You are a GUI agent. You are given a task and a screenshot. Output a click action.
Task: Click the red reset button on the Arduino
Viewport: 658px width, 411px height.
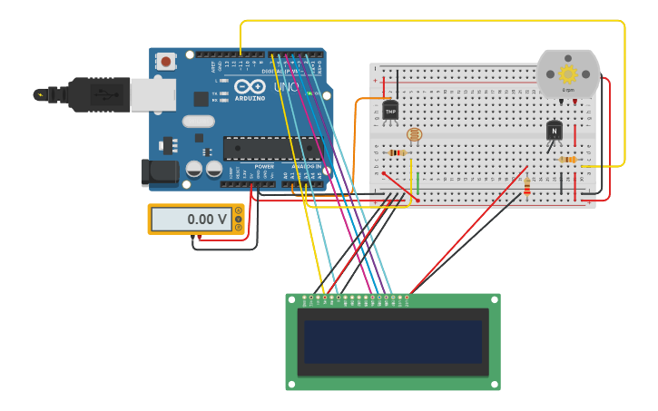point(166,62)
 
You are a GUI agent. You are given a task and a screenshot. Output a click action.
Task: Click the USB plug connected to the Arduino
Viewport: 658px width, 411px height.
point(100,94)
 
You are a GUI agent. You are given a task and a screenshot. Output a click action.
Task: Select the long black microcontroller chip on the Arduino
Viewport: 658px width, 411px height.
point(271,148)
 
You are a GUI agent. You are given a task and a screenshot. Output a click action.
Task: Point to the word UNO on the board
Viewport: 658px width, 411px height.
point(286,88)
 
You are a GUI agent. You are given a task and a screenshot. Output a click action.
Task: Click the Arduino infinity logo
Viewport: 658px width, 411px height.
point(250,87)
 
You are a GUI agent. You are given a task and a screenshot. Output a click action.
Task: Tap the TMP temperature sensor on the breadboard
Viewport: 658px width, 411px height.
point(390,111)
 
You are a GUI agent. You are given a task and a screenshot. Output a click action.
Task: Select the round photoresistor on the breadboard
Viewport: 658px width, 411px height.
point(415,135)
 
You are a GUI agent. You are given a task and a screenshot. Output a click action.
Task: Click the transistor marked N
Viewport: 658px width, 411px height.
point(554,131)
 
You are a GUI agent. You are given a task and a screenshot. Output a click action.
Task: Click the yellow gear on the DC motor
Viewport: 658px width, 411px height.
point(568,74)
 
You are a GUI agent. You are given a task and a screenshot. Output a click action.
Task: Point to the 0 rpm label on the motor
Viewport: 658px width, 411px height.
point(568,90)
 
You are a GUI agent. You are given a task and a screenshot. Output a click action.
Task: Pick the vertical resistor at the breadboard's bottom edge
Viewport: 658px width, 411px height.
point(527,187)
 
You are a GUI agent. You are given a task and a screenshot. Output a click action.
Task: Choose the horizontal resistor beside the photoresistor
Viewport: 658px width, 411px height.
point(396,152)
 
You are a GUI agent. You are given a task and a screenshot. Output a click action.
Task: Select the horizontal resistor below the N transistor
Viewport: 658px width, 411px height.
point(567,160)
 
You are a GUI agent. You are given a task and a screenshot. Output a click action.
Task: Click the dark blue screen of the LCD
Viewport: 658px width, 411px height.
point(393,342)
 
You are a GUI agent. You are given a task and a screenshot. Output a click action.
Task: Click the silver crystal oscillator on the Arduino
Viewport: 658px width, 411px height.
point(198,122)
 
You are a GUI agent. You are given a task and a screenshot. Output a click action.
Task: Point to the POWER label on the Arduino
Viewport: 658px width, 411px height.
point(264,166)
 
